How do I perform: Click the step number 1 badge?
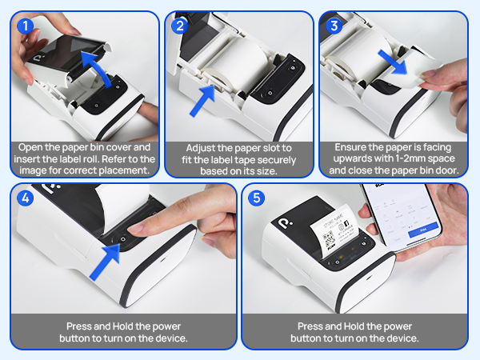(25, 26)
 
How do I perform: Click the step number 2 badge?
(180, 26)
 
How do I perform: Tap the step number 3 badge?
(334, 26)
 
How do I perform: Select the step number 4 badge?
(25, 198)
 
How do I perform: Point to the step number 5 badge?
(257, 198)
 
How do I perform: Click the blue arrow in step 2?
(202, 100)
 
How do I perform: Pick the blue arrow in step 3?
(393, 62)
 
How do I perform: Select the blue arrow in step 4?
(105, 262)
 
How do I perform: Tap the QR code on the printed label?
(329, 239)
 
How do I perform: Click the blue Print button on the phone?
(423, 230)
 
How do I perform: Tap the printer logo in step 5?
(286, 222)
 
